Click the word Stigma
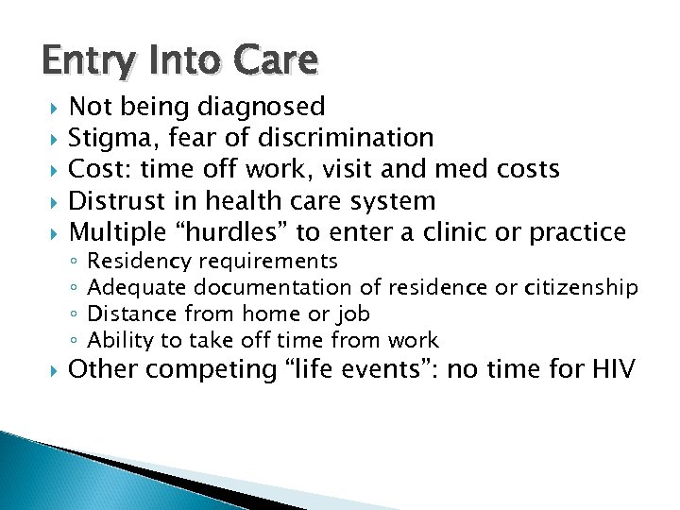coord(114,138)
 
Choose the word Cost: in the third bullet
coord(101,169)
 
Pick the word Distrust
coord(118,200)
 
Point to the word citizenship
coord(581,287)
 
